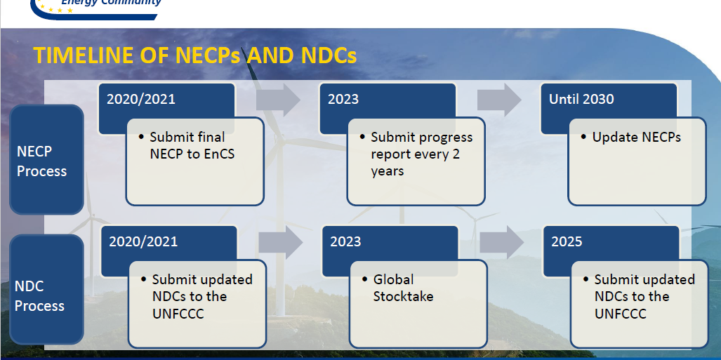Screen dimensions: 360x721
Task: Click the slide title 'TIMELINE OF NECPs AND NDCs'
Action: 195,56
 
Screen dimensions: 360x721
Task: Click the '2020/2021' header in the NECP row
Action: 141,99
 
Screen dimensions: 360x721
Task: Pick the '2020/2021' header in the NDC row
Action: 143,241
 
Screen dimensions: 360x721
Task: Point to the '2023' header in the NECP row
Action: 343,99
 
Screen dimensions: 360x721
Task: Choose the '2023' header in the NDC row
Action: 345,241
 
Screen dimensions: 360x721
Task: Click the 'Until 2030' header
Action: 581,99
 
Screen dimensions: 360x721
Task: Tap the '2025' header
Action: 567,241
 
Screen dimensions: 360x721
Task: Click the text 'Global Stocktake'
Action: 403,288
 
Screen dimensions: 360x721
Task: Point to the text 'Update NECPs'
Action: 636,138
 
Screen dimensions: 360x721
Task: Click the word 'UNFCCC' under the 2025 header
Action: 621,314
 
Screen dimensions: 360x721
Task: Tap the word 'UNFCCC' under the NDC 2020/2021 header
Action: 178,314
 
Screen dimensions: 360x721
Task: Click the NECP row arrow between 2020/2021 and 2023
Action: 278,100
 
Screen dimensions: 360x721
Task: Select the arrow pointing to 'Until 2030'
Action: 499,100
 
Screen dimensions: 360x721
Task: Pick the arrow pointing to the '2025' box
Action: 502,242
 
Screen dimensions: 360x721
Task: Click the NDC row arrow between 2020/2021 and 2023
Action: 280,242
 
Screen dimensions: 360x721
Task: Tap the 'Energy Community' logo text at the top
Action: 112,3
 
